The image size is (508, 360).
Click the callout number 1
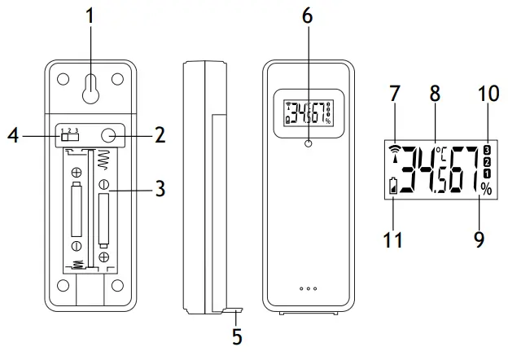pos(90,16)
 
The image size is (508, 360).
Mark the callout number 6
pos(309,16)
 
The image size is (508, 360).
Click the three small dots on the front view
pos(308,289)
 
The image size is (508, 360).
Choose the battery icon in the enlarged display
pos(396,187)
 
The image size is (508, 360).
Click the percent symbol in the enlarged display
pos(486,190)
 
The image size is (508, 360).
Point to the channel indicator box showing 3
pos(487,149)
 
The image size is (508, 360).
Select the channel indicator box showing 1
pos(487,173)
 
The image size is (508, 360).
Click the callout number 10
pos(488,94)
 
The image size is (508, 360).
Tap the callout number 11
pos(393,240)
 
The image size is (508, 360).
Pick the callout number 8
pos(435,94)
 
